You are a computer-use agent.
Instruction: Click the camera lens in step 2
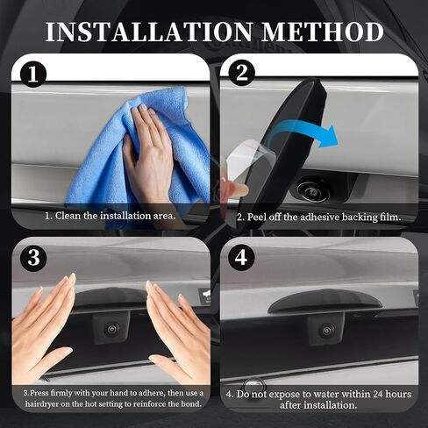coord(310,187)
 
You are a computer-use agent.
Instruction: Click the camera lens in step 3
coord(111,329)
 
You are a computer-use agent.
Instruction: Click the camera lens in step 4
coord(326,331)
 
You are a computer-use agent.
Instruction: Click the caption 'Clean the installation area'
coord(110,214)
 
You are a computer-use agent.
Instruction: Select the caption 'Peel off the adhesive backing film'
coord(319,216)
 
